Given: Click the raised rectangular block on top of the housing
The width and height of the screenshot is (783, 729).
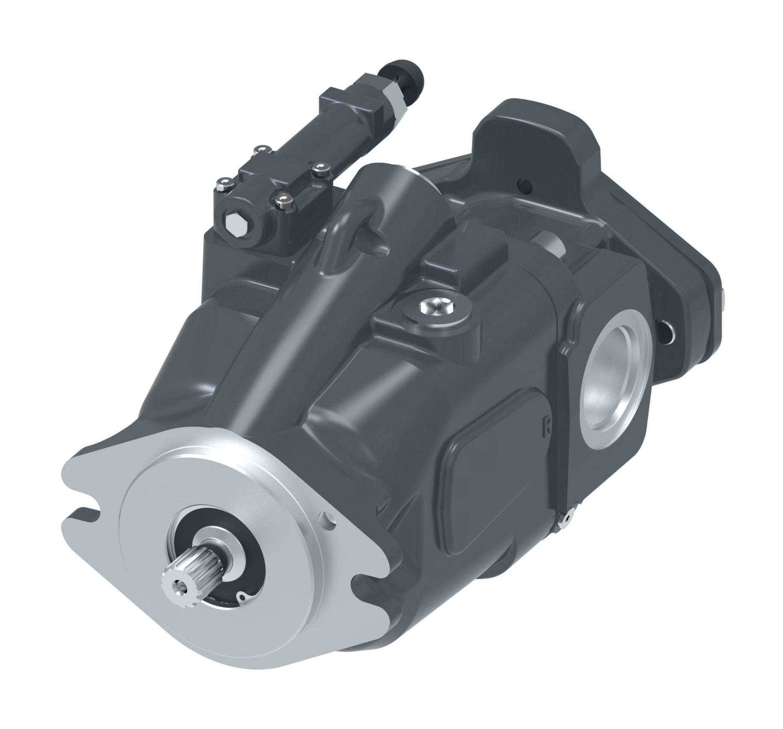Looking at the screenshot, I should [465, 253].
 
